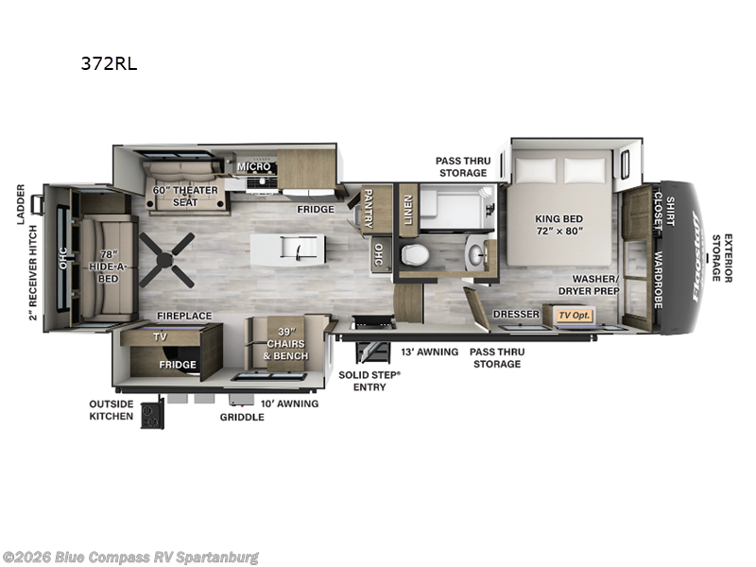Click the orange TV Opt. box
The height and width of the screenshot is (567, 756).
tap(574, 315)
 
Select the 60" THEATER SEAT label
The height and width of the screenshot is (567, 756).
tap(185, 196)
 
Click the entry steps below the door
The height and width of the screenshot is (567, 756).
tap(368, 351)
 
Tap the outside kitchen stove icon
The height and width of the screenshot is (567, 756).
tap(152, 414)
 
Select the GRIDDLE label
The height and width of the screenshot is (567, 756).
tap(242, 417)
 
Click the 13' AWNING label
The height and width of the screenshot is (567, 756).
tap(429, 352)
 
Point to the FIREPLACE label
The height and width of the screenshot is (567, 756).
tap(184, 316)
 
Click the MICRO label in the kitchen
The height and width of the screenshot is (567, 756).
tap(253, 167)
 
